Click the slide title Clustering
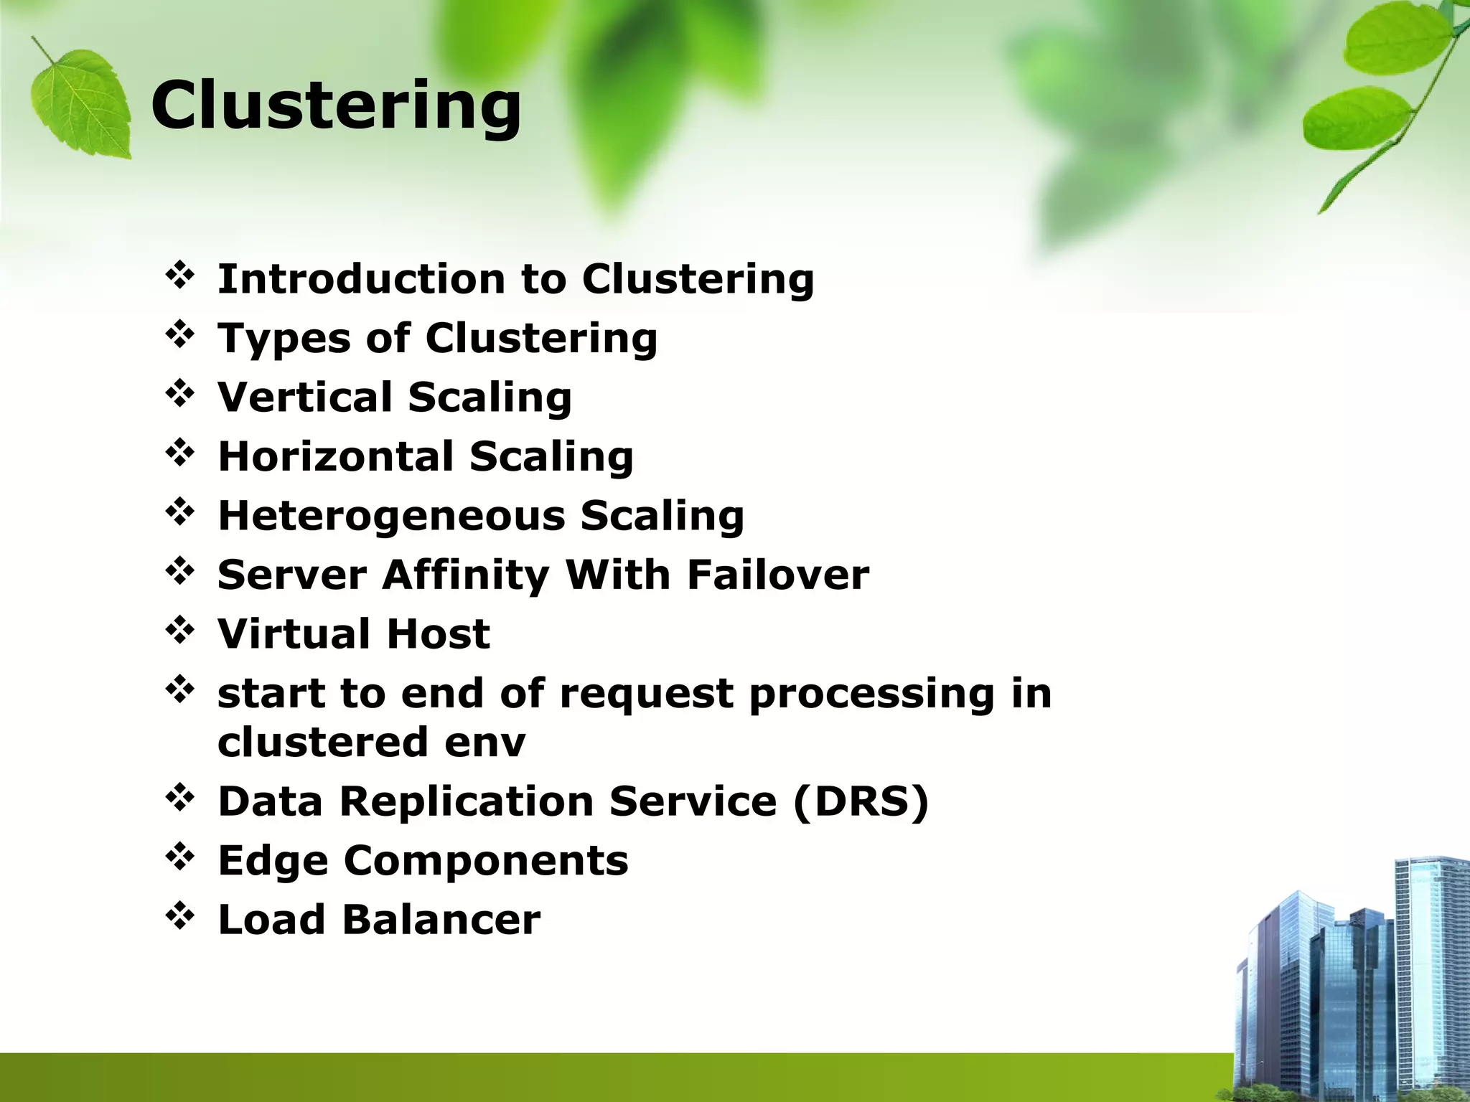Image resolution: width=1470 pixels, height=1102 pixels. (335, 105)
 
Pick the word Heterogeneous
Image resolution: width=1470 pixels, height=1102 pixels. (391, 516)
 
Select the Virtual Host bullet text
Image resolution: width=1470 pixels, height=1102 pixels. (353, 634)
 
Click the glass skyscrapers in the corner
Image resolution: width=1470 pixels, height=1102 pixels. (1357, 990)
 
